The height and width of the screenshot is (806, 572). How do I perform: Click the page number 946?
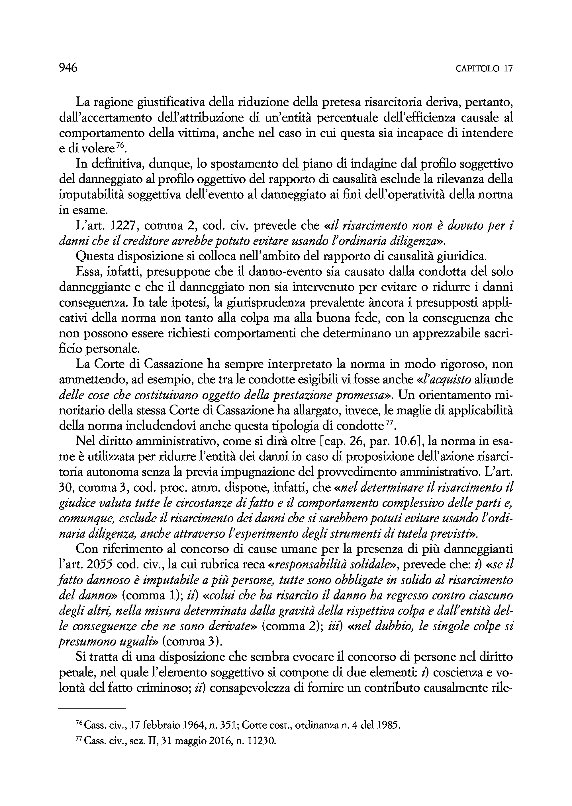(x=68, y=68)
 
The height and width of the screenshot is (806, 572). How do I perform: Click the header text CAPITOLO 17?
(x=484, y=69)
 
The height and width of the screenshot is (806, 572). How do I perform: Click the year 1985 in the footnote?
(x=387, y=723)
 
